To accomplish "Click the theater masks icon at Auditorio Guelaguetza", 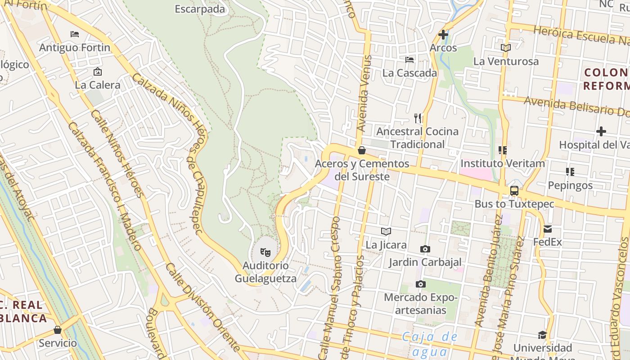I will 265,252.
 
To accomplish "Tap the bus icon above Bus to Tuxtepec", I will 514,190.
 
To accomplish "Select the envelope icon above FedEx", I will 548,229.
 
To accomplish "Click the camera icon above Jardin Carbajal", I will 425,249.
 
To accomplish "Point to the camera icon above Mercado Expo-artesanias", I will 420,284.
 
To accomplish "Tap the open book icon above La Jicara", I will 386,231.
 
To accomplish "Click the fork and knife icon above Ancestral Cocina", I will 418,118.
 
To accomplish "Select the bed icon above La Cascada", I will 409,59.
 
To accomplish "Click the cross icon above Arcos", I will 443,34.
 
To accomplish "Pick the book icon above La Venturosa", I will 506,48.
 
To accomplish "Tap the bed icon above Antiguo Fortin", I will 75,34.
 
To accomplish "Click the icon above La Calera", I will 97,72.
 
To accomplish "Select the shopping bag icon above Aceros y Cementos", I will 361,150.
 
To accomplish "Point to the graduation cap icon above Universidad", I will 542,335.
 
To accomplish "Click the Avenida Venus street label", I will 364,94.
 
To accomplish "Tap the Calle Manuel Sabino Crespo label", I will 330,288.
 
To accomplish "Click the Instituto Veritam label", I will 502,163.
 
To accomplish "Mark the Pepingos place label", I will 570,185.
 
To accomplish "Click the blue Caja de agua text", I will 429,344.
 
